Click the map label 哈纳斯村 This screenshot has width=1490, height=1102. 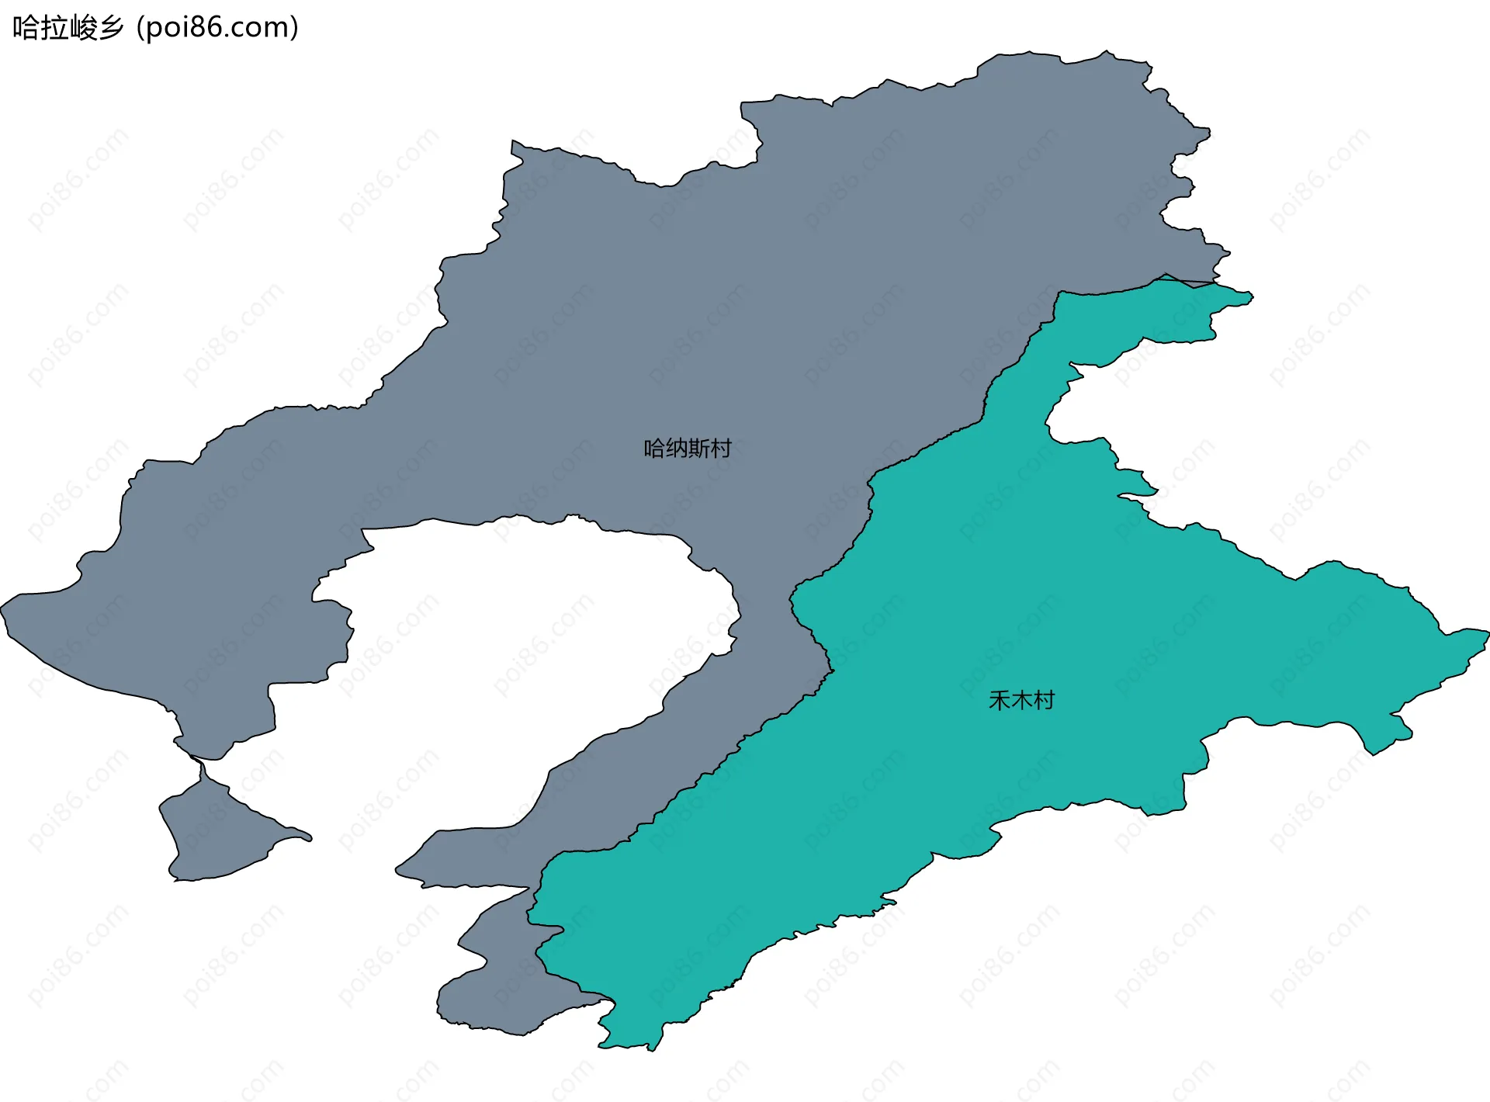coord(688,449)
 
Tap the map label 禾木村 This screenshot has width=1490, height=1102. coord(1021,701)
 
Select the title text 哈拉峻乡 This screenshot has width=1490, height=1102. coord(68,28)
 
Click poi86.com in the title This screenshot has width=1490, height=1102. coord(217,28)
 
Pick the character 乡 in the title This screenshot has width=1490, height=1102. coord(111,28)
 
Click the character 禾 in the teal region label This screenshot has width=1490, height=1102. coord(1000,701)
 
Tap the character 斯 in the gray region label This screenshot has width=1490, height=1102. coord(698,449)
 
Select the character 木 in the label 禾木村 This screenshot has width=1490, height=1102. coord(1021,701)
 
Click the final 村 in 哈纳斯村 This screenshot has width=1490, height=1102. coord(721,449)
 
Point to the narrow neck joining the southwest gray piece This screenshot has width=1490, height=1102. coord(203,768)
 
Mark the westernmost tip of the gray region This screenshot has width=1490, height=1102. coord(3,606)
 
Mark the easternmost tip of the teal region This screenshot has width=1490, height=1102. coord(1486,633)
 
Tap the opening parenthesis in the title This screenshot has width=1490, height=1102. coord(140,28)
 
